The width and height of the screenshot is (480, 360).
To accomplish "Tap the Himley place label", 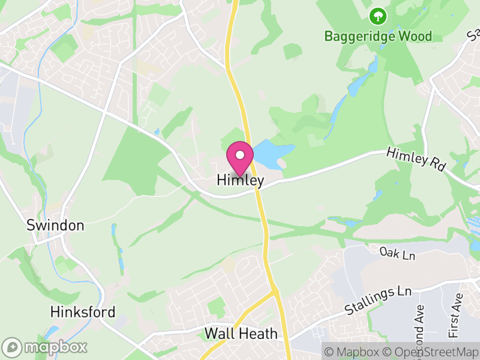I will point(240,181).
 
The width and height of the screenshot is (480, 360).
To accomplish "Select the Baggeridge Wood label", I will point(378,36).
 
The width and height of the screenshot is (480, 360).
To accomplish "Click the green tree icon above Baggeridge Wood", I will point(378,15).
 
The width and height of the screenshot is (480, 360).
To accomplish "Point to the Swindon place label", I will point(55,226).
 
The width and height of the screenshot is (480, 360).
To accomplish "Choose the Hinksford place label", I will point(83,312).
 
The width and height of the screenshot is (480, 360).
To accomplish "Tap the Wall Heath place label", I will point(241,334).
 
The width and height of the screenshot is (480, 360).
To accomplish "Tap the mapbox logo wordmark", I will point(56,347).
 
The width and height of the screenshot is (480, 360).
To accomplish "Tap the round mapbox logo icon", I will point(12,347).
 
